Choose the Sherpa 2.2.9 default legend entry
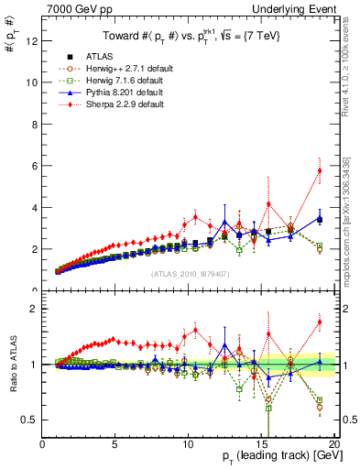(110, 104)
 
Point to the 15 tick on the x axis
(264, 444)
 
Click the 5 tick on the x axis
(115, 444)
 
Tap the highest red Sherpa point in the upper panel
(320, 170)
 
